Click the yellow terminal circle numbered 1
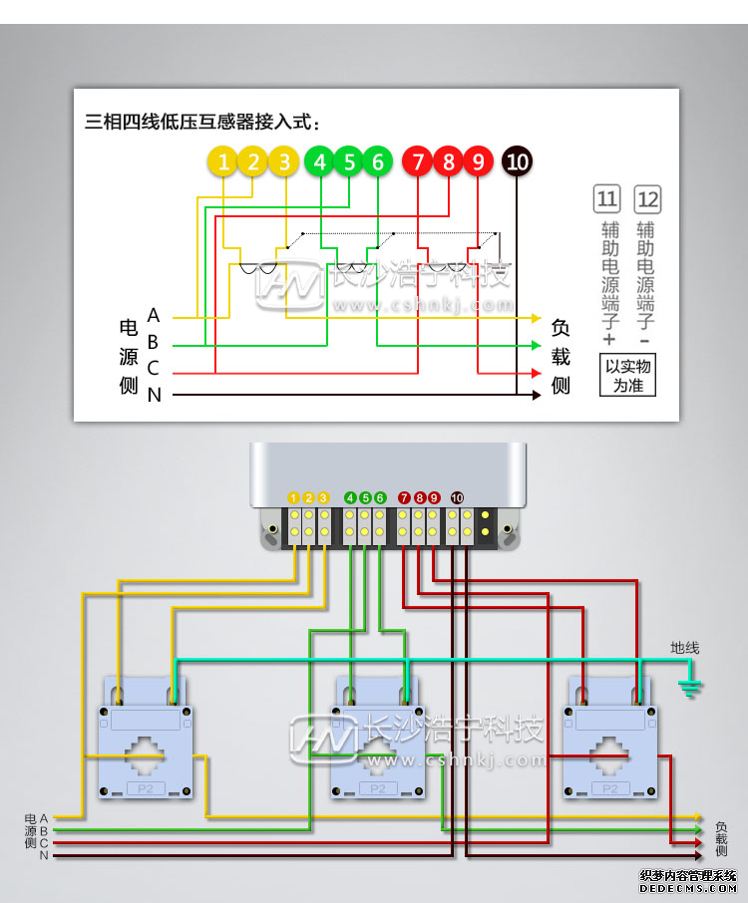point(224,161)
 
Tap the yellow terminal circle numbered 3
point(284,161)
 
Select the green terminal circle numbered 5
point(348,161)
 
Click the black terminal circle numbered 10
point(517,161)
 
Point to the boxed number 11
point(607,199)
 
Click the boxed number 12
point(647,199)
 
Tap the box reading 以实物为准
point(628,376)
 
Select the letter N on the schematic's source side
point(154,396)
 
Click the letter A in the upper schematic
point(154,316)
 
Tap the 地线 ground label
point(684,648)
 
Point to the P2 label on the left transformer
point(146,788)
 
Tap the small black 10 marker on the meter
point(457,497)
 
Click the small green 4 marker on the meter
point(350,497)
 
